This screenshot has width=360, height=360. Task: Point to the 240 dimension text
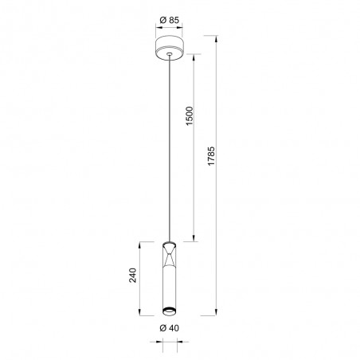point(133,276)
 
